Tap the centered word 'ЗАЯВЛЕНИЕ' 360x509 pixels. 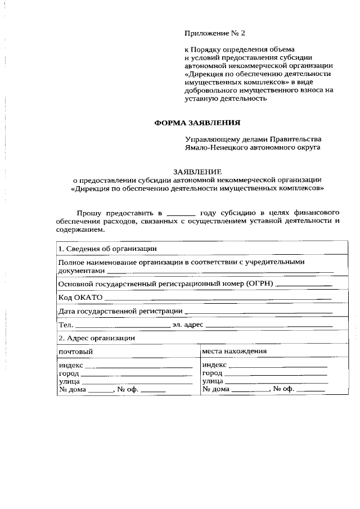(197, 172)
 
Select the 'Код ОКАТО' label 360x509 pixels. (80, 298)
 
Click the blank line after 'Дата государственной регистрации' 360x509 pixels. (259, 311)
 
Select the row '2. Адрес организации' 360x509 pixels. (96, 338)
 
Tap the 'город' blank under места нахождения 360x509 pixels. (276, 373)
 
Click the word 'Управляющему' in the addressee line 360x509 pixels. (210, 138)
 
